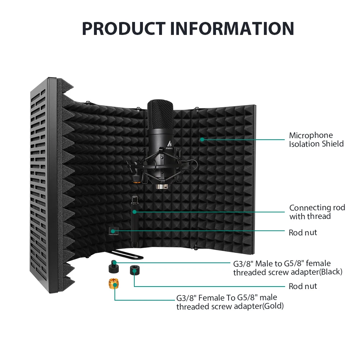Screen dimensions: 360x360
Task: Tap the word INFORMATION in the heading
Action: pos(232,28)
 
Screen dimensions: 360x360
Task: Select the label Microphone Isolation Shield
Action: pos(316,140)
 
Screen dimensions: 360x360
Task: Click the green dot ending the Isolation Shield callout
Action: pos(202,139)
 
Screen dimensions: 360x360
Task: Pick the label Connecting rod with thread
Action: pos(317,212)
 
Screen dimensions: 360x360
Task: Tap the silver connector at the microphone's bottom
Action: pos(161,186)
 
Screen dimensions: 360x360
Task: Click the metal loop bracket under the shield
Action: pos(127,256)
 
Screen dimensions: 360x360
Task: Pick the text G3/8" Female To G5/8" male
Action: pos(226,298)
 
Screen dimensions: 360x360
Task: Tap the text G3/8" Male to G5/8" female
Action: pos(282,263)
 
